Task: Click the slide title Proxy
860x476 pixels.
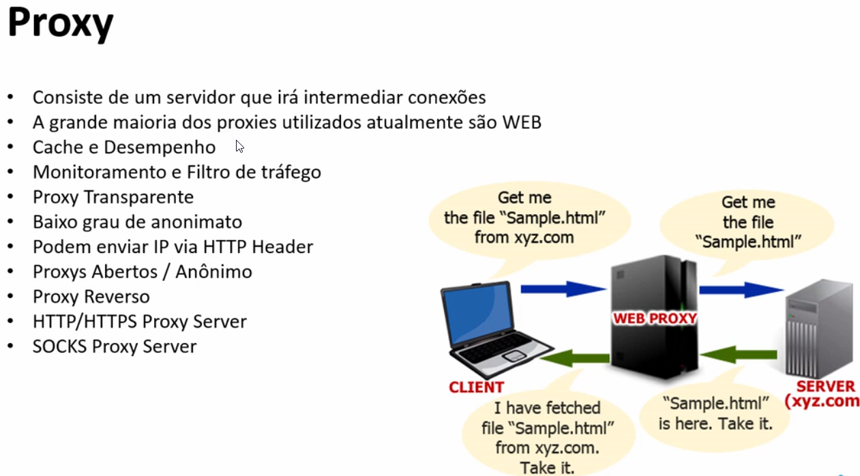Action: (60, 24)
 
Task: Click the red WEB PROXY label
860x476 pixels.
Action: (655, 318)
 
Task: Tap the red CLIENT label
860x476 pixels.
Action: (476, 387)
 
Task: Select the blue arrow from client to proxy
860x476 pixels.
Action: (563, 289)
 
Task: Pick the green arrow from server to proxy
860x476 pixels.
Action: (739, 354)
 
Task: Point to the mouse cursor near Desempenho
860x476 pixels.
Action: (239, 146)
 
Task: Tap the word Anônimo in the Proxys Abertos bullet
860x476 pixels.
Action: (213, 271)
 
